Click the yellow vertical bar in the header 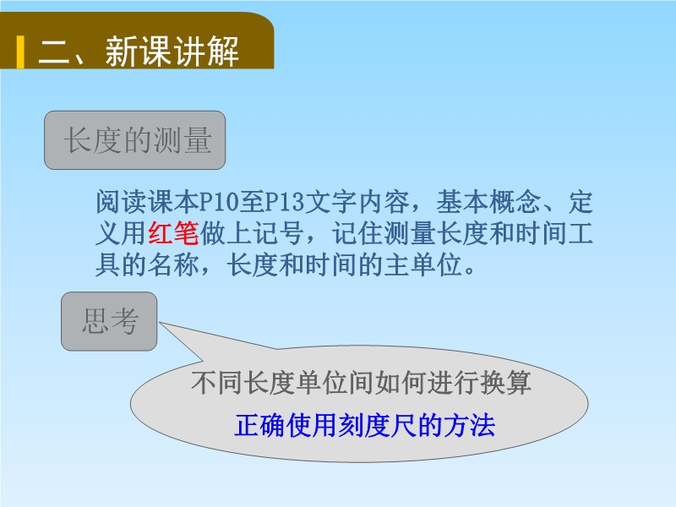pos(20,52)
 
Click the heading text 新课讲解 pos(172,52)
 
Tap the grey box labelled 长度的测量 pos(135,140)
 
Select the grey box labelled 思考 pos(109,321)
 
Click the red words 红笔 pos(173,233)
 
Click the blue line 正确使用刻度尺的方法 pos(365,425)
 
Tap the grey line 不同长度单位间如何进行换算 pos(362,383)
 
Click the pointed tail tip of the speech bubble pos(160,323)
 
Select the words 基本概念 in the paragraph pos(488,202)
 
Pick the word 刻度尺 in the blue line pos(378,425)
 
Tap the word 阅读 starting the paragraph pos(122,202)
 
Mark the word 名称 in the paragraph pos(173,264)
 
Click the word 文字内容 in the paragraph pos(357,202)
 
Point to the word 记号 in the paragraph pos(278,233)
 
